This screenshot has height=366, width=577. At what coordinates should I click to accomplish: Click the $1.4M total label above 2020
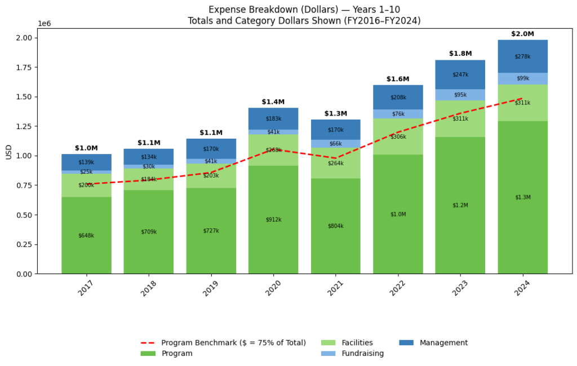[x=273, y=102]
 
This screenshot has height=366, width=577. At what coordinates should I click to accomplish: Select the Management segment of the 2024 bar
[x=522, y=56]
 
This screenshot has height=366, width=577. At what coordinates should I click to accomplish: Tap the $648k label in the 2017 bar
[x=86, y=236]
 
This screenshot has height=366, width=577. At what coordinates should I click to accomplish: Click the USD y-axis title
[x=8, y=151]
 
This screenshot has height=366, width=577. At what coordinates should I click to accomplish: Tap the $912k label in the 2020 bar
[x=273, y=219]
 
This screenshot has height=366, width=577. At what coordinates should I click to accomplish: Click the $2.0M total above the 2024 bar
[x=522, y=34]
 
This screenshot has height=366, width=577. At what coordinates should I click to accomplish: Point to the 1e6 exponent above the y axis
[x=45, y=24]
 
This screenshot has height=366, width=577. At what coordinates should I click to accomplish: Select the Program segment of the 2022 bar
[x=398, y=214]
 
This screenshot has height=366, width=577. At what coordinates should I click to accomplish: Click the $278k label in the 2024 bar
[x=522, y=56]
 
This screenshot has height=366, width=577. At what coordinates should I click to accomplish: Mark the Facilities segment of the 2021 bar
[x=335, y=164]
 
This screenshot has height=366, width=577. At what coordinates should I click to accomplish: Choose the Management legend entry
[x=443, y=343]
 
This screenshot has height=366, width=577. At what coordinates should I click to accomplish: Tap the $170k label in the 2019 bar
[x=211, y=149]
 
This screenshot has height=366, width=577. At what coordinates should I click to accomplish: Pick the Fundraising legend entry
[x=363, y=354]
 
